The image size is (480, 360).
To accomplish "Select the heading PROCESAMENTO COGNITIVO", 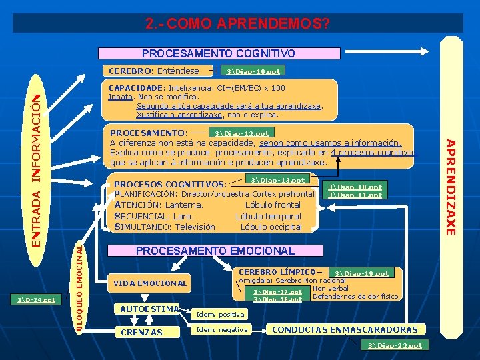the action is [x=219, y=53].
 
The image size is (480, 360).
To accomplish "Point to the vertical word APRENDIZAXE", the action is [x=451, y=186].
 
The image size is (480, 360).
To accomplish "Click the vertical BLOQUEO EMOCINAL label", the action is [x=79, y=288].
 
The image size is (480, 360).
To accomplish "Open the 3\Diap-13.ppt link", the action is [x=278, y=180].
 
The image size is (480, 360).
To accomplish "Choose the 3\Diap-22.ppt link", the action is [x=395, y=345].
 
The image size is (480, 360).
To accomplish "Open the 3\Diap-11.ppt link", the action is [x=356, y=195].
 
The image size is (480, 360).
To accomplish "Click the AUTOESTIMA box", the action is [x=149, y=309].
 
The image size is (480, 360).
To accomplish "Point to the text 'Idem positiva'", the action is [x=220, y=313].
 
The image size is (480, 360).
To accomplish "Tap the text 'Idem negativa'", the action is [x=221, y=330].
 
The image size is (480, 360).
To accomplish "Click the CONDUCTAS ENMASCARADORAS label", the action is [x=345, y=329].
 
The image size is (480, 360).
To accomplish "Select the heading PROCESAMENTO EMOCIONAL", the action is [x=215, y=251].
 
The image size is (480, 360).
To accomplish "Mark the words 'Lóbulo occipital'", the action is [x=271, y=227].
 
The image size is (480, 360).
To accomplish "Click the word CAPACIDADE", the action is [x=135, y=87].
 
